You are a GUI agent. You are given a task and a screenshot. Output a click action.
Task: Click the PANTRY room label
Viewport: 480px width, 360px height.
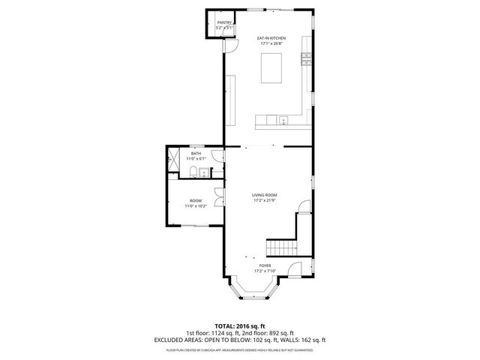pyautogui.click(x=223, y=23)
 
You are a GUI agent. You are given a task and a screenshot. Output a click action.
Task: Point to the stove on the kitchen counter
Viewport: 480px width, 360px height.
pyautogui.click(x=306, y=60)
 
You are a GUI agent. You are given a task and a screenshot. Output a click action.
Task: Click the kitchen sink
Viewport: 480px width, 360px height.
pyautogui.click(x=283, y=120)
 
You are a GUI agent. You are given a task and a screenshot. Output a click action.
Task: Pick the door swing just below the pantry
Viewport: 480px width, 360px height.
pyautogui.click(x=231, y=46)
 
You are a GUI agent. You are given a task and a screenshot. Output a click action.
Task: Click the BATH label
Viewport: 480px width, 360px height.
pyautogui.click(x=196, y=154)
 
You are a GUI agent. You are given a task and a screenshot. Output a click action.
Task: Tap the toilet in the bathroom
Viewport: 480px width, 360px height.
pyautogui.click(x=193, y=173)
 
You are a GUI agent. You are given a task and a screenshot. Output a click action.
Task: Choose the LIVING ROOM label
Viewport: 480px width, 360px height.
pyautogui.click(x=265, y=195)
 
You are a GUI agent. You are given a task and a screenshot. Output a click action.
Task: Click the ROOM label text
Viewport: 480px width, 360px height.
pyautogui.click(x=196, y=200)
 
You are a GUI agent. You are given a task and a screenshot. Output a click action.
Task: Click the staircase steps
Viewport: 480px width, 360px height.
pyautogui.click(x=280, y=246)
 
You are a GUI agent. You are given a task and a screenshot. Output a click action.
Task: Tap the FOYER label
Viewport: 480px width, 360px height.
pyautogui.click(x=265, y=265)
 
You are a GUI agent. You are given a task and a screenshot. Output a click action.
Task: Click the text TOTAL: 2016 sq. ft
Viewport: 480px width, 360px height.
pyautogui.click(x=240, y=327)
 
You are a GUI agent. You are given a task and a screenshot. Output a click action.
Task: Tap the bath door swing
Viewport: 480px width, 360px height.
pyautogui.click(x=217, y=156)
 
